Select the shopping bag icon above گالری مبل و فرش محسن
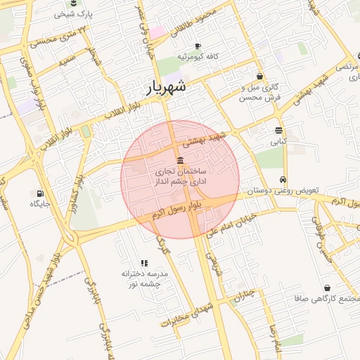pyautogui.click(x=260, y=77)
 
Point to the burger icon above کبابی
pyautogui.click(x=279, y=130)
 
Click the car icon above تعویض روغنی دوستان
pyautogui.click(x=283, y=179)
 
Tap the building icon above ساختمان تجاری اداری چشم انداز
pyautogui.click(x=181, y=160)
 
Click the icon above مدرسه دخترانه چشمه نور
pyautogui.click(x=144, y=262)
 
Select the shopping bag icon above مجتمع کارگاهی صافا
pyautogui.click(x=328, y=288)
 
